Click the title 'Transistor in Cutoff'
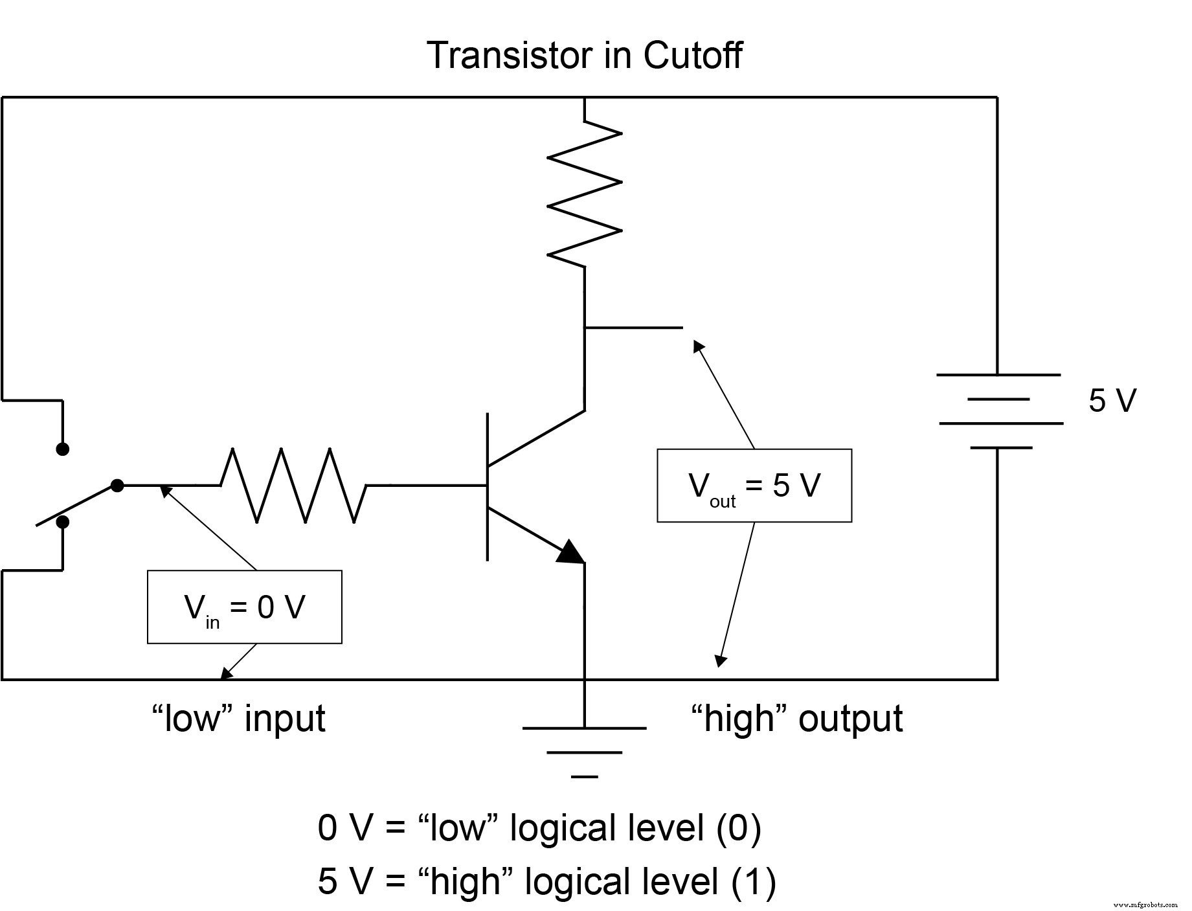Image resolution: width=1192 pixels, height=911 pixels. (x=584, y=56)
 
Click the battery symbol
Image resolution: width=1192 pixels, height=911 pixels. (x=998, y=411)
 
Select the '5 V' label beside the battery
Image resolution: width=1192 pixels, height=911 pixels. (x=1112, y=401)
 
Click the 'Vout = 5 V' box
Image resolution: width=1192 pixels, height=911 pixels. (x=754, y=486)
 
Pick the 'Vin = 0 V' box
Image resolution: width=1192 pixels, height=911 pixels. (x=244, y=607)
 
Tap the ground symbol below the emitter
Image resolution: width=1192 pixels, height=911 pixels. (x=585, y=751)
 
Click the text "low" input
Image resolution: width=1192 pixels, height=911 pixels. (x=238, y=719)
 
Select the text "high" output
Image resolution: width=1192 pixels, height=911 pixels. (x=796, y=719)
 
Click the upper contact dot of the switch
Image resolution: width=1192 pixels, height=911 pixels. (x=63, y=449)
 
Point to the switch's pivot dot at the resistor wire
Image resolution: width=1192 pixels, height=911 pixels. (x=117, y=485)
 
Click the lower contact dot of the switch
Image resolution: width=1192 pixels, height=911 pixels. (x=63, y=522)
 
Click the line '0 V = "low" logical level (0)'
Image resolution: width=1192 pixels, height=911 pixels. (x=539, y=828)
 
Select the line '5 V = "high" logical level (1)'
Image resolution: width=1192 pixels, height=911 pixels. (x=546, y=882)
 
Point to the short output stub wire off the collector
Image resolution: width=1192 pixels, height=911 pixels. (x=633, y=328)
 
